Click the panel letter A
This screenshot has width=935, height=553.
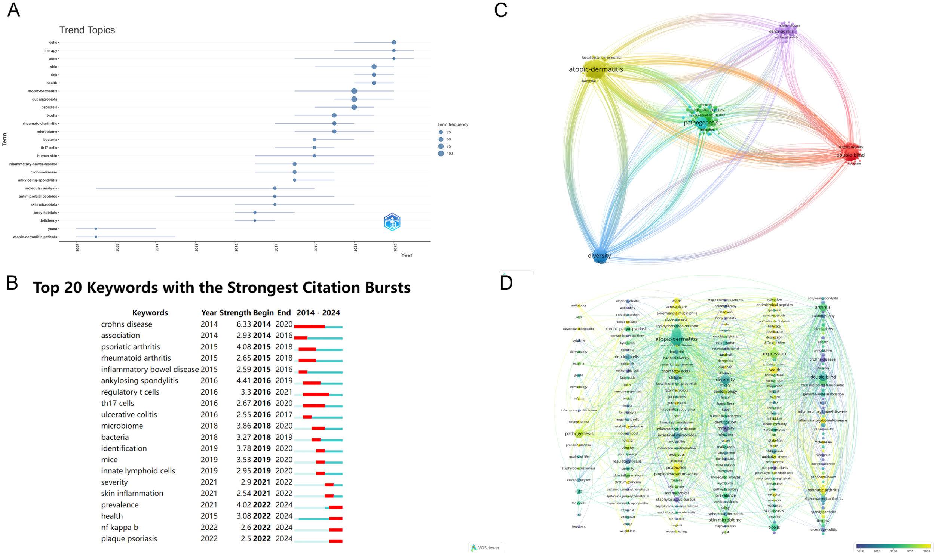(13, 10)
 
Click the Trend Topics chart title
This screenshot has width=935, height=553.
(87, 30)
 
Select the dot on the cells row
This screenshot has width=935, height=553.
(393, 43)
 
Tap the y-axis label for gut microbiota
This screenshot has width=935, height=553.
(45, 99)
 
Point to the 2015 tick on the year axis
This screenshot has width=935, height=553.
(236, 247)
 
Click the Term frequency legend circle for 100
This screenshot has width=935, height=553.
(441, 154)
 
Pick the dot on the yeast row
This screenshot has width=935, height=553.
(96, 229)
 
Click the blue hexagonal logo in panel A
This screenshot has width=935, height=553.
(392, 222)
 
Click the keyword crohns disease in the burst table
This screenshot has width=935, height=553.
(126, 324)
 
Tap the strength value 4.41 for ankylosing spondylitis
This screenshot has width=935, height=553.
(244, 381)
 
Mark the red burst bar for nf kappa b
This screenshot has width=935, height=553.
(335, 530)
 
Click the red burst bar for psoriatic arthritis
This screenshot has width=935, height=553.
(307, 350)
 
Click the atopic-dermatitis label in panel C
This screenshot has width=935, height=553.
(596, 69)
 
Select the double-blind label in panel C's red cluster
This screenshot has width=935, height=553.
(850, 155)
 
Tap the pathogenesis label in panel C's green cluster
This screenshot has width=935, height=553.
(701, 123)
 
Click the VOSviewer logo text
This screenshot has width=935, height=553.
(488, 548)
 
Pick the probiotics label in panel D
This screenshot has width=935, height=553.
(676, 467)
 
